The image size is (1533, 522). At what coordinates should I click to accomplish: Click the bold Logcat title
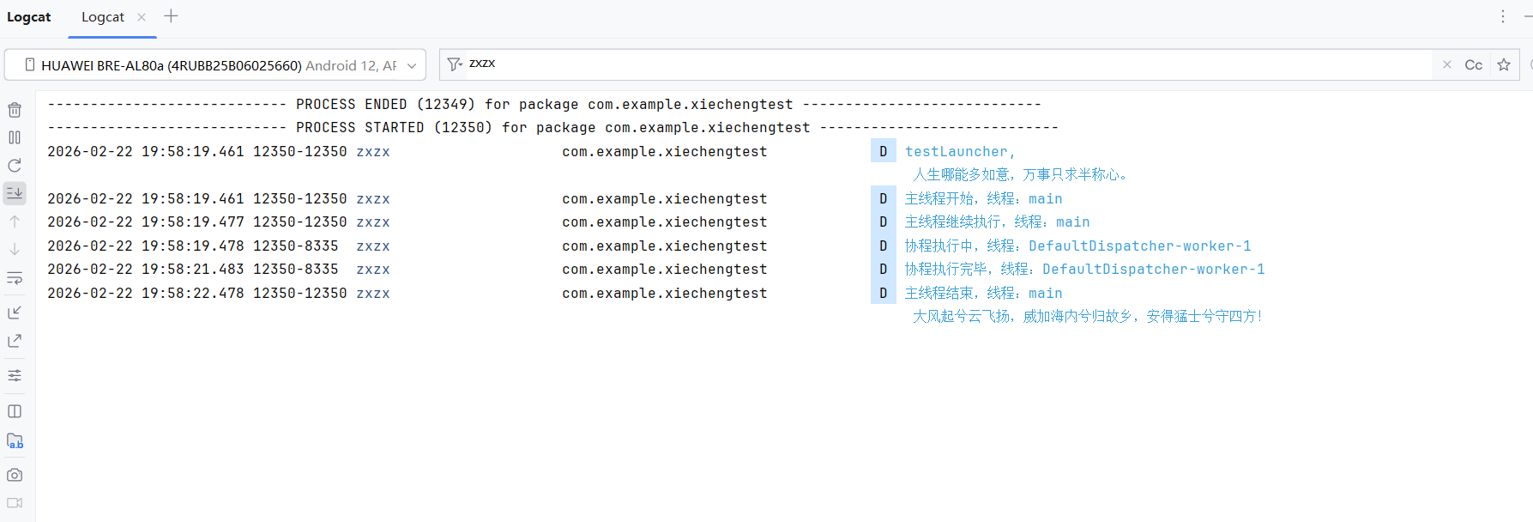click(29, 17)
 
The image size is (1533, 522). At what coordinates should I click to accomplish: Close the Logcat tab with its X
click(142, 17)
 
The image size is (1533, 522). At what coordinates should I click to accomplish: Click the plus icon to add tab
click(171, 16)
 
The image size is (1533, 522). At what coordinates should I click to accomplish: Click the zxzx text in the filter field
click(482, 64)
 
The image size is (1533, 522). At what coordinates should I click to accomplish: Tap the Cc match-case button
click(1473, 65)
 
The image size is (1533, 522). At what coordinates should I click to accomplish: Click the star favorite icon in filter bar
click(1504, 65)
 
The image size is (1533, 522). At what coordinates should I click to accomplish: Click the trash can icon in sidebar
click(15, 110)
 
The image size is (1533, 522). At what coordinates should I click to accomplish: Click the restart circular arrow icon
click(15, 166)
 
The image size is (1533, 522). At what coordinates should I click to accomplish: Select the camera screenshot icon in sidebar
click(15, 475)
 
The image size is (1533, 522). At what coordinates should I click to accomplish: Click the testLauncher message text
click(959, 152)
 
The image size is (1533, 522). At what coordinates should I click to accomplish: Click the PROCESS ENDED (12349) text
click(385, 105)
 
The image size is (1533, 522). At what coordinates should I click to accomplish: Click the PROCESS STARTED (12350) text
click(394, 128)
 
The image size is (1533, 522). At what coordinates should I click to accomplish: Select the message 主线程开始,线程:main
click(983, 199)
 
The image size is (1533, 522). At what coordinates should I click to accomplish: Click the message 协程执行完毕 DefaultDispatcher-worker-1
click(1084, 270)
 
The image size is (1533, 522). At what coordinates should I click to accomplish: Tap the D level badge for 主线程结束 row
click(883, 294)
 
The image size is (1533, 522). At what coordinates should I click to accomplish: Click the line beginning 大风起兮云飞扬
click(1086, 317)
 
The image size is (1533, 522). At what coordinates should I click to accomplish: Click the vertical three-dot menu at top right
click(1503, 17)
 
